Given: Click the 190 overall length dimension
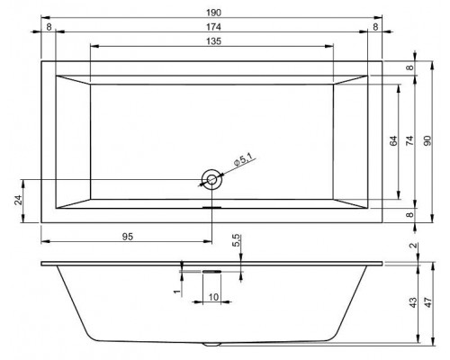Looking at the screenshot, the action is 213,13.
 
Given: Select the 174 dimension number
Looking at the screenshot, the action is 213,27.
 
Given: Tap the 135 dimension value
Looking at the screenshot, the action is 213,41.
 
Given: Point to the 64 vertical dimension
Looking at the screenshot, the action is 393,140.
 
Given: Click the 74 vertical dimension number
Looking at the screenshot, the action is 409,140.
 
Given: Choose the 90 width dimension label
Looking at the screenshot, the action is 427,140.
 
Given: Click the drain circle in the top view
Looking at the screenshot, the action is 211,180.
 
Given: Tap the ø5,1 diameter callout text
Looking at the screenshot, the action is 243,159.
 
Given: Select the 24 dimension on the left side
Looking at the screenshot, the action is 18,200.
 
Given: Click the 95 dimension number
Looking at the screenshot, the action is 128,237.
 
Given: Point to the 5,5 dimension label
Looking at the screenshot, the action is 237,240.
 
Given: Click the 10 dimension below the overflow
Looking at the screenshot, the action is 213,297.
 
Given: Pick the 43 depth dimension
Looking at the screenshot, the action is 413,302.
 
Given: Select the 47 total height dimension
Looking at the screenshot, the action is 428,302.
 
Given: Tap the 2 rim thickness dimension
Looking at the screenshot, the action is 413,246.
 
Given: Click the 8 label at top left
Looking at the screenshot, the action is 49,27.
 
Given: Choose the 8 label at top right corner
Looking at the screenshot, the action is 375,27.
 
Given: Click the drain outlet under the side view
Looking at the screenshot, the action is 211,344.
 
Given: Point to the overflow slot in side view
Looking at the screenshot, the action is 211,272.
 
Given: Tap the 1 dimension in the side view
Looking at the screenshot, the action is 177,292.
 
